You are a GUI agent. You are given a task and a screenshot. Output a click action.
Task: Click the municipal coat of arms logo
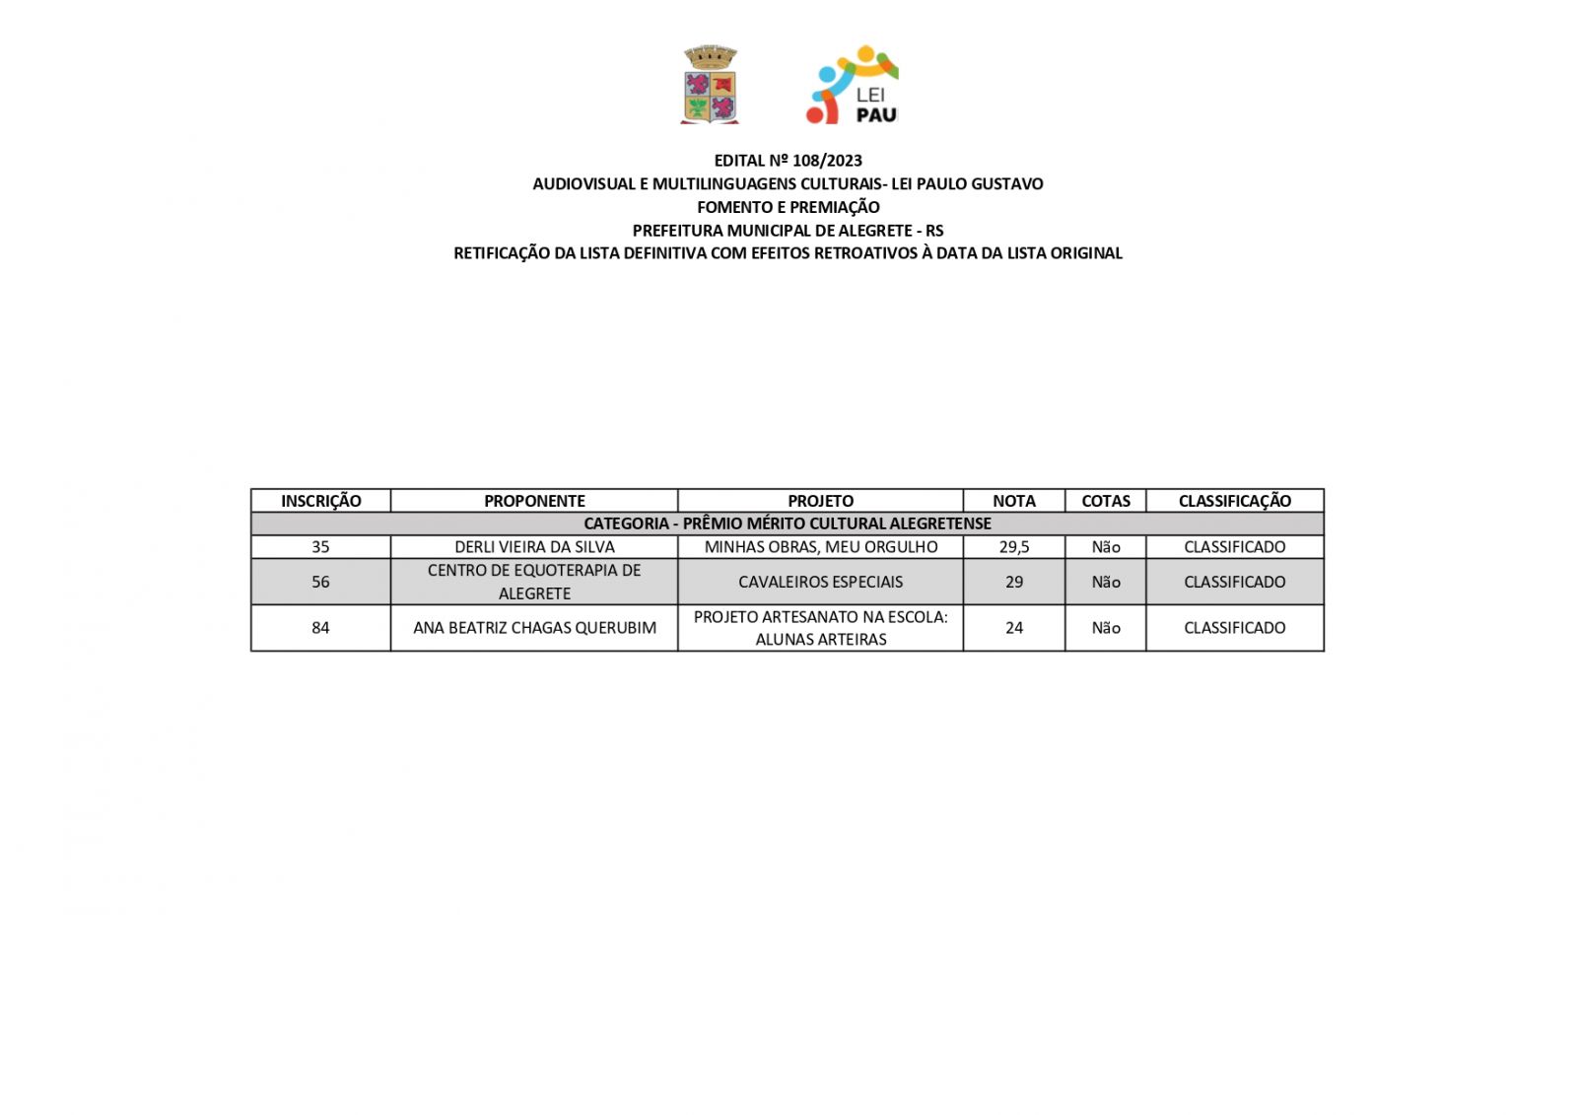click(x=710, y=85)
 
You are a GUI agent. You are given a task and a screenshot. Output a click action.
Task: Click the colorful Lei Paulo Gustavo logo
click(x=852, y=85)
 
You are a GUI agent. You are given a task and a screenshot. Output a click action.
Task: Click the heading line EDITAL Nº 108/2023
click(x=788, y=161)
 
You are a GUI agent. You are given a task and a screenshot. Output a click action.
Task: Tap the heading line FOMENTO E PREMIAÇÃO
click(x=788, y=207)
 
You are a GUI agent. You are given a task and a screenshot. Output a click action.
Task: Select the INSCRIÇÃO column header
click(x=320, y=501)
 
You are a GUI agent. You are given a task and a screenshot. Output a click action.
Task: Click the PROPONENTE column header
click(x=534, y=501)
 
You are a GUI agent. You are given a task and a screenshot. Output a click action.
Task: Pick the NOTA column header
click(x=1013, y=501)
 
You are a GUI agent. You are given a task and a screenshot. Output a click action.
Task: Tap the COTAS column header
click(x=1105, y=501)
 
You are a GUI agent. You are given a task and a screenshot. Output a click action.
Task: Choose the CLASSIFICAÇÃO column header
click(x=1234, y=501)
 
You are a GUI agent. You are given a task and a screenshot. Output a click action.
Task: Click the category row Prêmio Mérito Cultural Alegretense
click(x=788, y=523)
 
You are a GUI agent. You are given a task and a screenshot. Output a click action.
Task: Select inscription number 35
click(x=320, y=547)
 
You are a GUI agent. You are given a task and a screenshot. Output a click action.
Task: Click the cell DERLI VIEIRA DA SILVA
click(x=534, y=547)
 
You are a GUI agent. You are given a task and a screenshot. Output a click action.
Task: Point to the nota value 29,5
click(x=1013, y=547)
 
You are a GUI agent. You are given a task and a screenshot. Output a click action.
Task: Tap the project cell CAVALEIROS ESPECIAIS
click(x=820, y=582)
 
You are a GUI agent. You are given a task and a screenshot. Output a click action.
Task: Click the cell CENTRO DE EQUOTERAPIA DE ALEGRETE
click(x=534, y=582)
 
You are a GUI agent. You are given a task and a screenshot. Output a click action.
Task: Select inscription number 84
click(x=320, y=628)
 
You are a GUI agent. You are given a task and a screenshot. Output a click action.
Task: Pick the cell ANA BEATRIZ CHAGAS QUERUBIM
click(x=534, y=628)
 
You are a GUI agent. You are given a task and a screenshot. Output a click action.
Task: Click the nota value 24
click(x=1013, y=628)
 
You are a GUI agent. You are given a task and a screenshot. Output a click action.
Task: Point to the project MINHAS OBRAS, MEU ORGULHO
click(x=820, y=547)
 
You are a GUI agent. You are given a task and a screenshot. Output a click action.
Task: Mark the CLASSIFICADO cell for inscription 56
click(x=1234, y=582)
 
